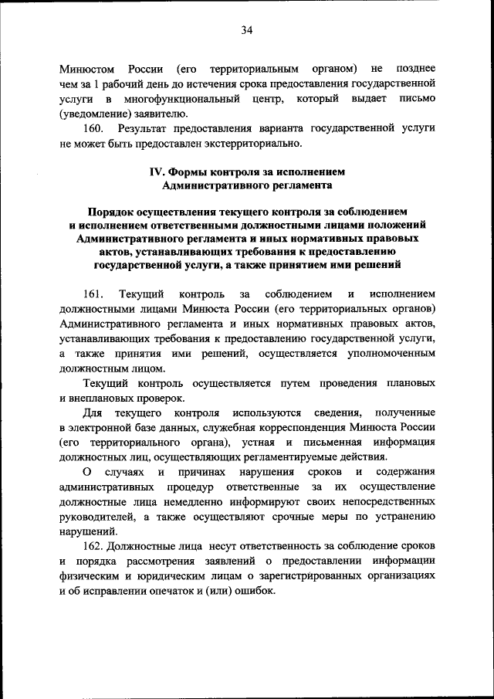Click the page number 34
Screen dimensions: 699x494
[x=247, y=30]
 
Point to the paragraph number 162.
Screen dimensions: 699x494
[x=93, y=546]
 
